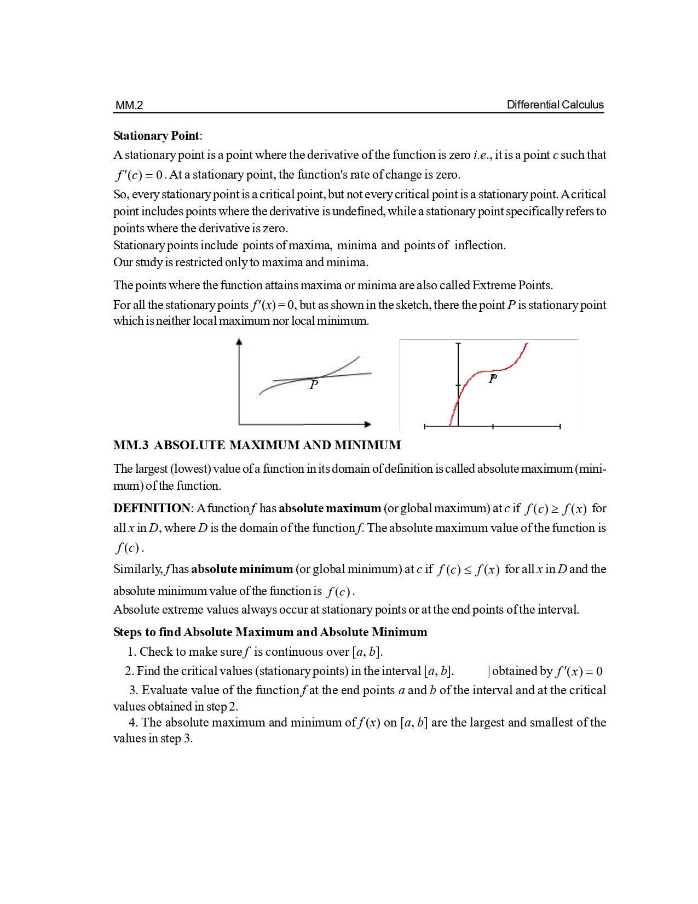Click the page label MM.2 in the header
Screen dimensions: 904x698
129,105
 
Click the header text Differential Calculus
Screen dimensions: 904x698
555,105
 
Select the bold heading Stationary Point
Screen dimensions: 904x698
157,136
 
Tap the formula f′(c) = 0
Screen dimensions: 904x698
139,175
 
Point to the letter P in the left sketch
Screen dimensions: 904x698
314,385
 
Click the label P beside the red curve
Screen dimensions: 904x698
493,379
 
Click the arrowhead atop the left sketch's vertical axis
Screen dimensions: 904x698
239,342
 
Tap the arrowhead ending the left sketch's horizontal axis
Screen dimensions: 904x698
368,424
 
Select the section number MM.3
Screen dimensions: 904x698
131,445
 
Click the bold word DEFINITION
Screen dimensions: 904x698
152,508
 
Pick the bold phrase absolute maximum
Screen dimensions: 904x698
330,508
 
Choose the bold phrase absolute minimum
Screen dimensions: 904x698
242,569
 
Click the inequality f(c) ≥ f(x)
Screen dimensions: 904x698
555,509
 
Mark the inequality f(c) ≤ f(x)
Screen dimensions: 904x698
468,570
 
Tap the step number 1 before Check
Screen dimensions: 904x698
131,652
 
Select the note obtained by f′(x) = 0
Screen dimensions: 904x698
547,672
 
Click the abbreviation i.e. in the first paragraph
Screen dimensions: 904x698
482,155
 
